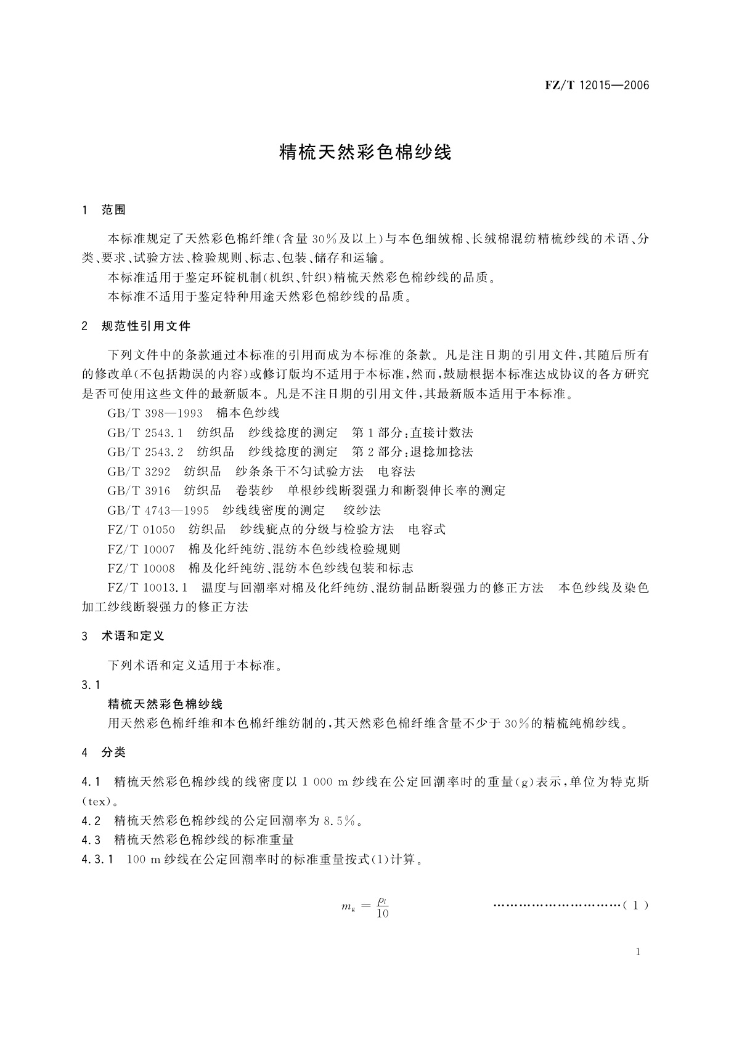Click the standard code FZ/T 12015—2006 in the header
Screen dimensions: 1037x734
point(597,86)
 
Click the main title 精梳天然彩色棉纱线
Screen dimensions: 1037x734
point(366,152)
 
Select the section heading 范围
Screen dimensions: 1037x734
point(113,211)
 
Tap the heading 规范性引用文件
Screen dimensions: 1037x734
point(146,326)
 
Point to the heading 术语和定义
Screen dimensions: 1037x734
point(133,636)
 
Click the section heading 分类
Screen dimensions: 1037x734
point(113,753)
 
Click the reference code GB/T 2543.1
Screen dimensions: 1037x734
point(145,433)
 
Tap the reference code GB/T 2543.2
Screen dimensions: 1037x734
point(145,452)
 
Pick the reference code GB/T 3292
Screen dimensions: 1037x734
point(139,472)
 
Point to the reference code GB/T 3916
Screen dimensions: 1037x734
point(139,491)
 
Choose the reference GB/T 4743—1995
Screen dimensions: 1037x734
point(158,510)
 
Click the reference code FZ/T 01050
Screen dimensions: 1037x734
point(141,530)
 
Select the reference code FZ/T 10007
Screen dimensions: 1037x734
point(141,549)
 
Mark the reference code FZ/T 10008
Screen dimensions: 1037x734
point(141,568)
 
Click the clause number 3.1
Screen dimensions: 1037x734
point(91,685)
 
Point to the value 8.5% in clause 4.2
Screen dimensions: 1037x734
point(340,821)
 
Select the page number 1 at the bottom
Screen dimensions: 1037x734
point(638,952)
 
